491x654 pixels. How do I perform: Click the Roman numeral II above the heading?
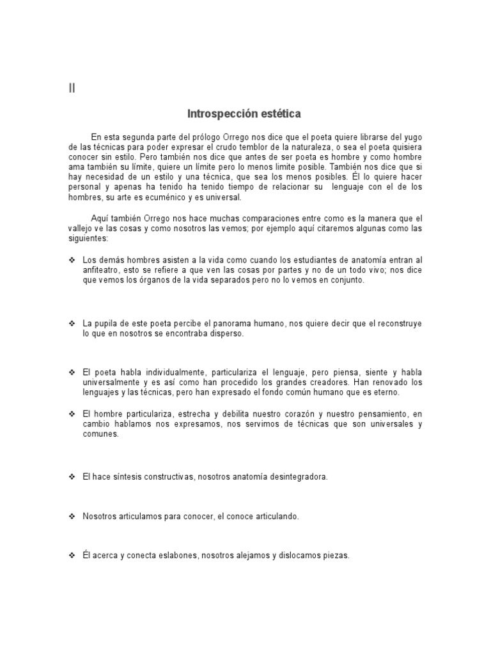(72, 89)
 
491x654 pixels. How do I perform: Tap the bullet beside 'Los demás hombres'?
(72, 260)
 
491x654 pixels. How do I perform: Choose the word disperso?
(228, 333)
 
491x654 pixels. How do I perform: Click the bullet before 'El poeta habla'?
(72, 372)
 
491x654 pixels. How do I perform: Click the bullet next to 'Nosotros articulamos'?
(72, 516)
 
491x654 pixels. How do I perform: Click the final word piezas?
(335, 556)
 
